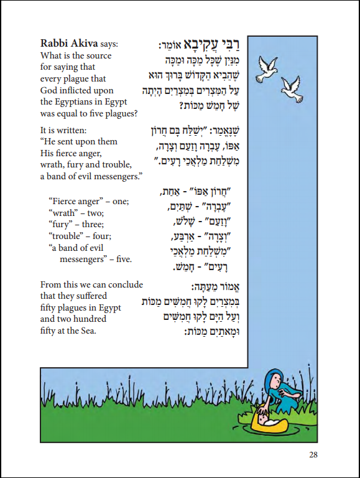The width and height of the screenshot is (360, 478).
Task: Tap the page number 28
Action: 313,455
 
